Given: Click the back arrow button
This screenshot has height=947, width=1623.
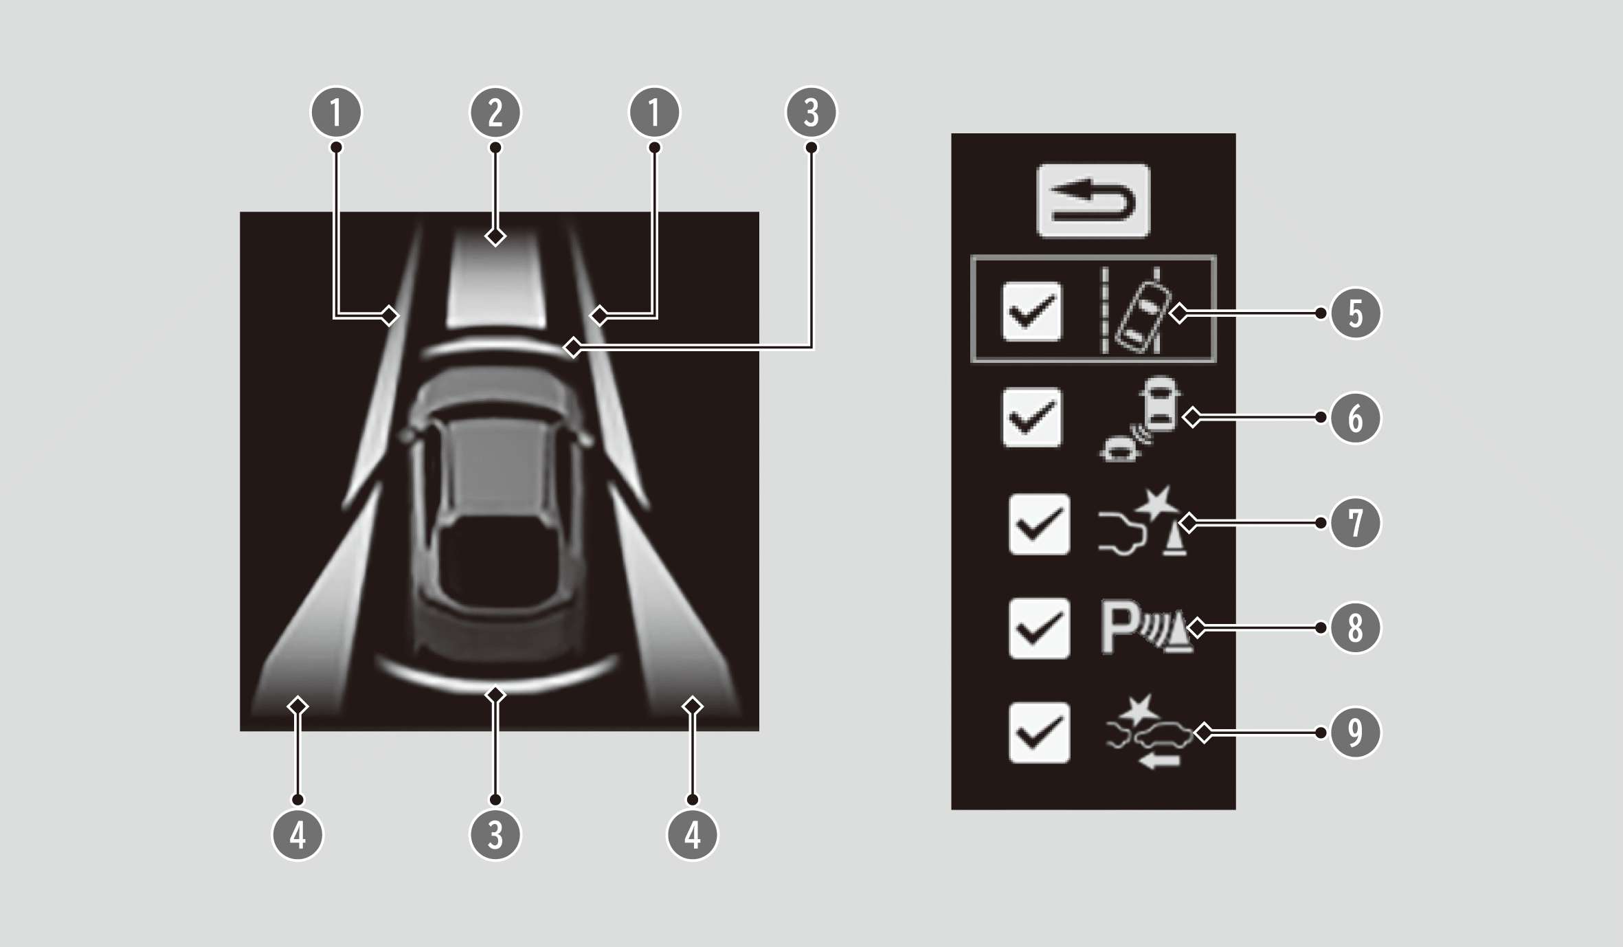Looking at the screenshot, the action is coord(1093,201).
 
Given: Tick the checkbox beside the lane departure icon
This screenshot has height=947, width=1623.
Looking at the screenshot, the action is coord(1031,311).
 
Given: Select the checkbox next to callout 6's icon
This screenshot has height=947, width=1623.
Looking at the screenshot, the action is coord(1031,418).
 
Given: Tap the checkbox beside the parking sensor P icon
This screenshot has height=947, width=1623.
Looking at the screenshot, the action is coord(1039,628).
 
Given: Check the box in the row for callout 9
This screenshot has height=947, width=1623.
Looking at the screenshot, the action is coord(1039,733).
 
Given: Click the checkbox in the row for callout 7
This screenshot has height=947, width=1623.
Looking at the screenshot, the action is coord(1039,524).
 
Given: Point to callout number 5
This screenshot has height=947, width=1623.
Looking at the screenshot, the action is coord(1355,313).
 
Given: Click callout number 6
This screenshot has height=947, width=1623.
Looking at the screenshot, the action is coord(1355,418).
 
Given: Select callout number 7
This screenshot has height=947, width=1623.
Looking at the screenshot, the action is coord(1355,523).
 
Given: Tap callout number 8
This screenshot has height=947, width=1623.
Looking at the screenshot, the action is coord(1355,627).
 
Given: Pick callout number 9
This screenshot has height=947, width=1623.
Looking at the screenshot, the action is coord(1355,733).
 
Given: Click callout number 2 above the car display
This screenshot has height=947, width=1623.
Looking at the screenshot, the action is coord(495,112).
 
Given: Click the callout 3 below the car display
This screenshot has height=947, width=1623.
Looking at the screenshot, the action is coord(495,835).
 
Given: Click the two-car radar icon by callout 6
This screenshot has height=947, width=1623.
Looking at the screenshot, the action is coord(1139,418).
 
